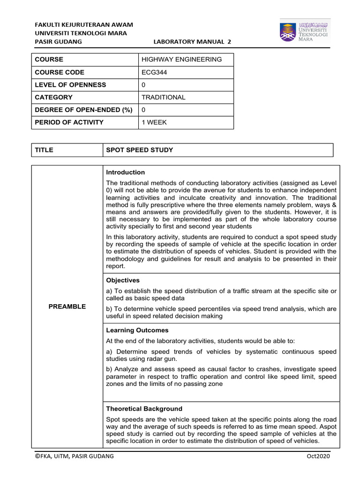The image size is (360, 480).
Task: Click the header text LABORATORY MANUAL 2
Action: click(192, 42)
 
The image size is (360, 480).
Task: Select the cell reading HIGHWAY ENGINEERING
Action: click(181, 60)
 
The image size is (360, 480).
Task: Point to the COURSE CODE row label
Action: click(60, 72)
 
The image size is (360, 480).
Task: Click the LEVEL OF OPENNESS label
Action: click(70, 85)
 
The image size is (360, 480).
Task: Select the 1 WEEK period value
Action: click(154, 123)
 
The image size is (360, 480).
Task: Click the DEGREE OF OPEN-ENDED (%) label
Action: click(83, 110)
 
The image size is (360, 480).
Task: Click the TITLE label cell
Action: click(44, 150)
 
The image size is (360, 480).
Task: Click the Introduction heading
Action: click(125, 172)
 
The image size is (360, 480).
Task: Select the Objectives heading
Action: click(123, 280)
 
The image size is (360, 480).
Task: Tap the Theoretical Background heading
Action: click(144, 409)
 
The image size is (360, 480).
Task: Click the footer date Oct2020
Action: click(319, 457)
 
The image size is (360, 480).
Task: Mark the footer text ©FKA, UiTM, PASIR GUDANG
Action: click(75, 457)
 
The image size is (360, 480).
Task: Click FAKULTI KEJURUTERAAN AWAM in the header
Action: click(84, 24)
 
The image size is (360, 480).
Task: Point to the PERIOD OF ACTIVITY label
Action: click(69, 123)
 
